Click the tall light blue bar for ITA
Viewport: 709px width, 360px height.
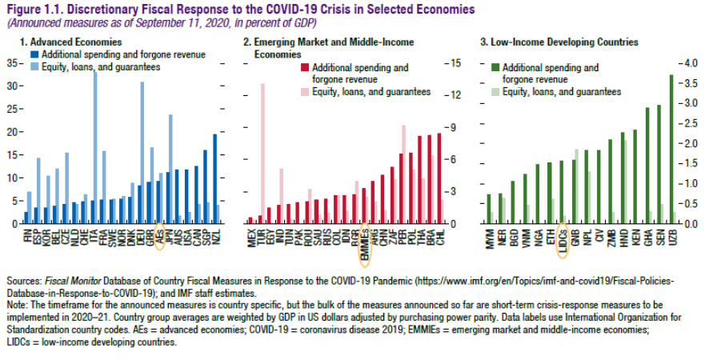click(97, 144)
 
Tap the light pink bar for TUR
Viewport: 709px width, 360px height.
click(262, 152)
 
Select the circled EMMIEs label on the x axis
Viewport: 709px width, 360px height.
click(365, 241)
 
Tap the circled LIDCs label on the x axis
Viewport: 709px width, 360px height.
click(562, 239)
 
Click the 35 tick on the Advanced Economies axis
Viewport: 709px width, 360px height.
click(11, 62)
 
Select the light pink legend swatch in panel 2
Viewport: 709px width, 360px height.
click(304, 92)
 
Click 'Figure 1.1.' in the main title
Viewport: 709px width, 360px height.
click(32, 9)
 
